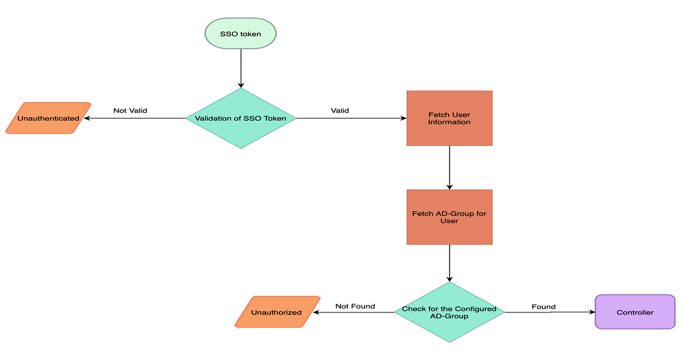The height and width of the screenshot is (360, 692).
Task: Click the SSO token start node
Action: [x=240, y=34]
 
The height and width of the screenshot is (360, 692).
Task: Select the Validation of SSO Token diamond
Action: [x=241, y=118]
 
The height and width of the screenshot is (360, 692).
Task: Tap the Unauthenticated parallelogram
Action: [x=48, y=118]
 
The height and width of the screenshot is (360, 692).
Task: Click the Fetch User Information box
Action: [x=449, y=118]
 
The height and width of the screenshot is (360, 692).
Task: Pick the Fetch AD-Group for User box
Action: [x=449, y=217]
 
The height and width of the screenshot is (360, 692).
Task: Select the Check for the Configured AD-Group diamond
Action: [x=449, y=312]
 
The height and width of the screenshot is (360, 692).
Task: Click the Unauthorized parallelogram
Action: [x=277, y=312]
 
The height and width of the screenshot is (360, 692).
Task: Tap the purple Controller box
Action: [x=635, y=312]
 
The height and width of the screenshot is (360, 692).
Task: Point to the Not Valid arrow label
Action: [x=130, y=110]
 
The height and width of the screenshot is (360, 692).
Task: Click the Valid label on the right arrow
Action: [x=340, y=110]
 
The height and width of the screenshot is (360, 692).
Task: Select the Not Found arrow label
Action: [x=355, y=306]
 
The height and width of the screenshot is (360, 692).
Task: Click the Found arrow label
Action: [x=543, y=307]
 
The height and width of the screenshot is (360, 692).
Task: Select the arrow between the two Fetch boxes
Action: [x=449, y=167]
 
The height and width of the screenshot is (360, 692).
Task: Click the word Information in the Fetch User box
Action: [x=449, y=122]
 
